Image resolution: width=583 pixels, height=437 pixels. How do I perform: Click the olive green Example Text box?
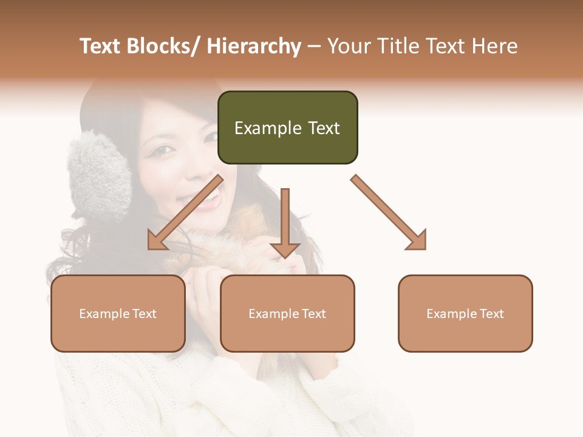point(287,127)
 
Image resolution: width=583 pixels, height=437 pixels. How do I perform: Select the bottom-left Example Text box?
point(118,313)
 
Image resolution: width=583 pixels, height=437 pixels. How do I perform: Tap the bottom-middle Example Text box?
point(287,313)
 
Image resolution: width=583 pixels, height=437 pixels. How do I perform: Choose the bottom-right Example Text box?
point(465,313)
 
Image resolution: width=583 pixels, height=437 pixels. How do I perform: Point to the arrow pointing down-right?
point(389,212)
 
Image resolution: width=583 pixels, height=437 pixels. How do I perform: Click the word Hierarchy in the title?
point(253,46)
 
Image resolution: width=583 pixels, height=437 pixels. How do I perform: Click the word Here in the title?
point(493,46)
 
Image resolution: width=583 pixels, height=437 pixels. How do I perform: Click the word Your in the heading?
point(348,46)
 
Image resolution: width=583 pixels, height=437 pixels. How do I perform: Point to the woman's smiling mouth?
point(206,197)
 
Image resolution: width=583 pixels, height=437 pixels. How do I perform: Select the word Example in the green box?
point(268,128)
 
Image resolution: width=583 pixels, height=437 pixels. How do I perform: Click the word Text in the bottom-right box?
point(491,313)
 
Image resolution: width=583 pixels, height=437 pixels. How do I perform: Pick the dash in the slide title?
point(314,46)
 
